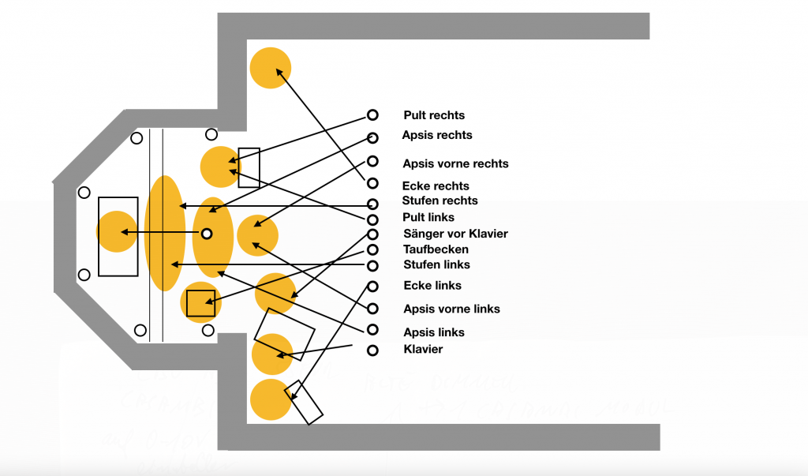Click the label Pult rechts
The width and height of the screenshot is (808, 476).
(x=434, y=115)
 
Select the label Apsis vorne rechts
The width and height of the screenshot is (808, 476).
(x=455, y=164)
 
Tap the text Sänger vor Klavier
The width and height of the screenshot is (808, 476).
(x=455, y=234)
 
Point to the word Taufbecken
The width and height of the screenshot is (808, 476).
(x=436, y=249)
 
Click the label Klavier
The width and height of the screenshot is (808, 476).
(x=423, y=349)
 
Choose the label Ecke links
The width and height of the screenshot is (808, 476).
(x=432, y=286)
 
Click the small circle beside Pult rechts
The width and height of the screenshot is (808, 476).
(x=372, y=115)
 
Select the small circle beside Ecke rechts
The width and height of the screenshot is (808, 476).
(x=372, y=183)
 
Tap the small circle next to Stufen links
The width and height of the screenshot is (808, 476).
(x=372, y=265)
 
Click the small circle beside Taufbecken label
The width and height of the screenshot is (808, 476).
(x=372, y=249)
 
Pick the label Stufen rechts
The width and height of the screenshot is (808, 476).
(x=440, y=201)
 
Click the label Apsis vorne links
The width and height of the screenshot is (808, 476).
(x=451, y=309)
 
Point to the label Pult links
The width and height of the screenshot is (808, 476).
(x=428, y=217)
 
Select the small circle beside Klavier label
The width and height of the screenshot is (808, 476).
(x=372, y=350)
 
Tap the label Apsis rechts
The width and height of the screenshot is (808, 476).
(x=437, y=135)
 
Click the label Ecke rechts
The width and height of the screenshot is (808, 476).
(x=436, y=186)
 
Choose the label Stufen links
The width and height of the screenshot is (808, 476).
(x=436, y=264)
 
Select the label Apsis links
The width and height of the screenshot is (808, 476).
(x=434, y=332)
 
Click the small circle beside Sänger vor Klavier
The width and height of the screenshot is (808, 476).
(x=372, y=234)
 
